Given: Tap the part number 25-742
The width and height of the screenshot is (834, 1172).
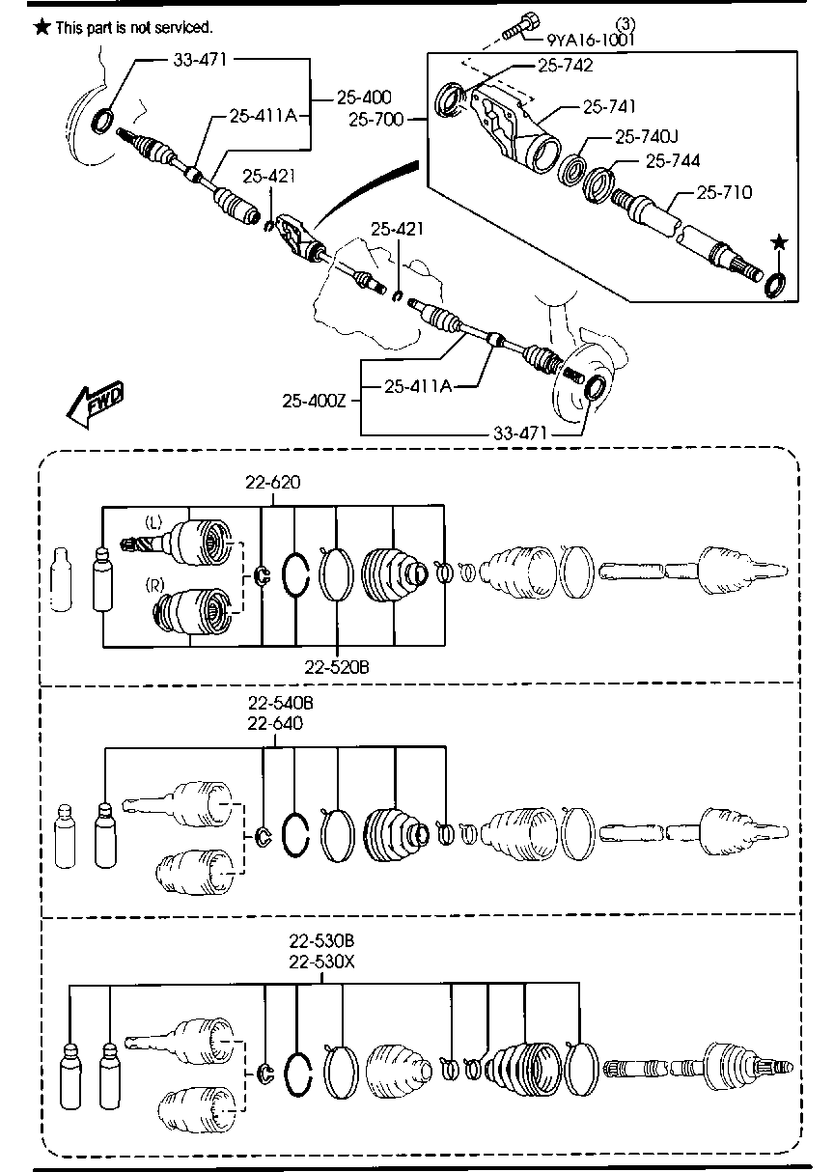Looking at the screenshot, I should pos(565,66).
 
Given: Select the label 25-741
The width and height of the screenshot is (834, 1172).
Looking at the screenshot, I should pos(609,106).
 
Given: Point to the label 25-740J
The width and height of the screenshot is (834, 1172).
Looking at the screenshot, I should pos(648,137).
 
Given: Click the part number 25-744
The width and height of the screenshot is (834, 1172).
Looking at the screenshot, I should pos(672,160).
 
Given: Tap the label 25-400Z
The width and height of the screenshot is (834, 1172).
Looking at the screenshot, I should pos(315,399).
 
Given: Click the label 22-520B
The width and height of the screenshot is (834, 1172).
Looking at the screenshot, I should pos(337,665).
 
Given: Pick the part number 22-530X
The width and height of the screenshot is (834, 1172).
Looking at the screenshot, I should pos(321,962).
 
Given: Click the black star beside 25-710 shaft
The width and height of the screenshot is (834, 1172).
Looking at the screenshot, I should pos(780,241).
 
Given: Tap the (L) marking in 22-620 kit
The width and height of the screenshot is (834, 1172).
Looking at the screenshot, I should pos(153,522).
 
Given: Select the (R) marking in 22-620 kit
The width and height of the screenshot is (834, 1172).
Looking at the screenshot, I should pos(153,585).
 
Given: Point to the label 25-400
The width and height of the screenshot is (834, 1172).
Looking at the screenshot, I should pos(365,97).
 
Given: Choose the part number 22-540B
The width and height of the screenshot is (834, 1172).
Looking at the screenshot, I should pos(280,704).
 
